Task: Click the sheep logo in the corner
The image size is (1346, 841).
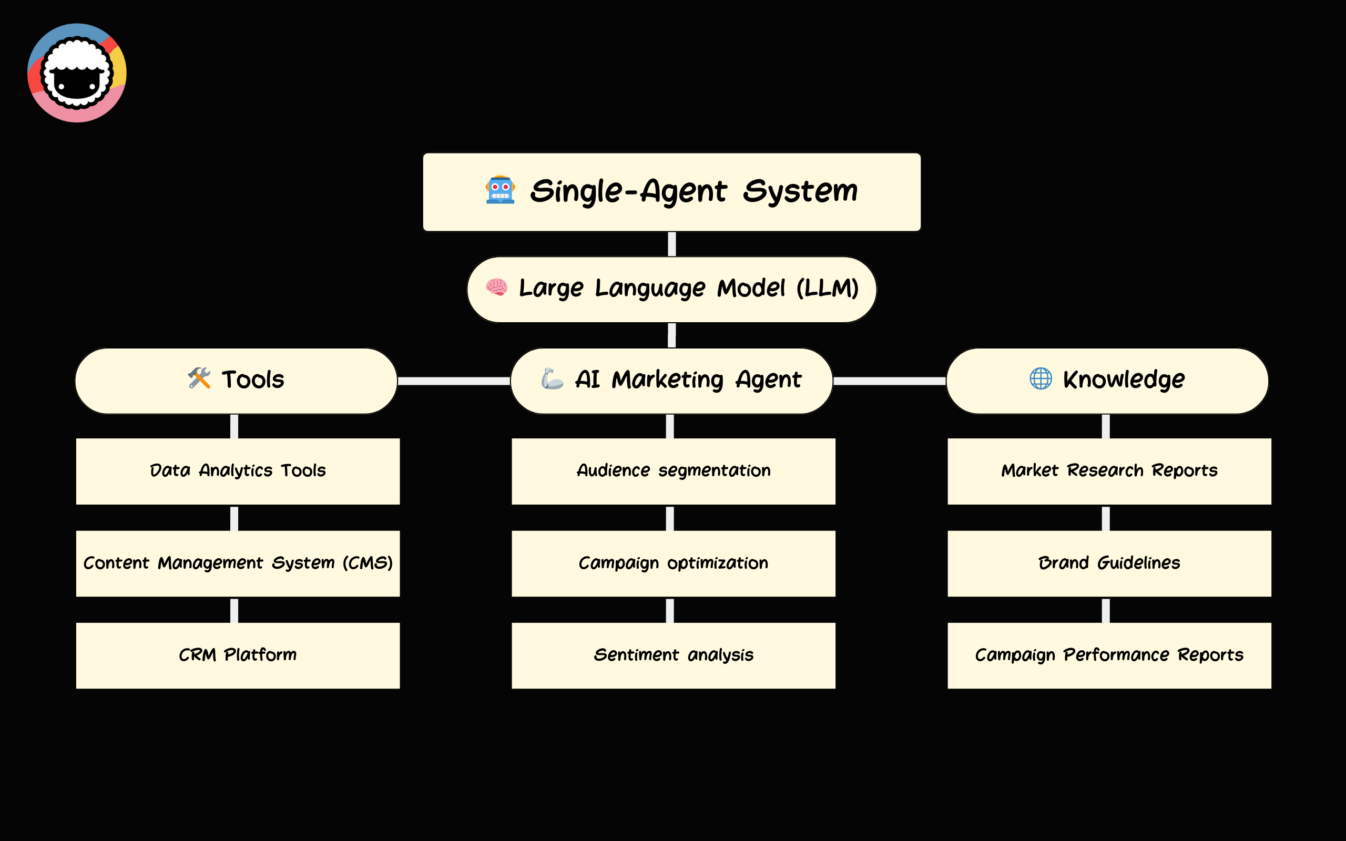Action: pos(77,73)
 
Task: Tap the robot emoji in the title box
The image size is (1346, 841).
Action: pos(500,190)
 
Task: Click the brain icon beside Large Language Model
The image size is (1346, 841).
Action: pos(496,287)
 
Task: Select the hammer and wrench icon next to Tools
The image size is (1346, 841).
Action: pos(199,378)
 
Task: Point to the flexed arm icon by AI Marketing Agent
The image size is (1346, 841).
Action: pos(552,379)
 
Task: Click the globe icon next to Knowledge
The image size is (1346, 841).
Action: pos(1040,378)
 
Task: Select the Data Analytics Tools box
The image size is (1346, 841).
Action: pos(238,471)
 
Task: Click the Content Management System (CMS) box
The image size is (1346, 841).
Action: pos(238,563)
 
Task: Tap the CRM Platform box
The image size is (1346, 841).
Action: pos(238,655)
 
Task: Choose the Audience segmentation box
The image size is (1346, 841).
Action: pos(673,471)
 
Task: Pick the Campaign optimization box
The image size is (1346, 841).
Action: pos(673,563)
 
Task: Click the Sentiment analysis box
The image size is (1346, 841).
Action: pos(673,655)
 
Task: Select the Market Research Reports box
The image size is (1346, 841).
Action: pos(1109,471)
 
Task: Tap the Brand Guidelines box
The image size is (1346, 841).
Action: pos(1109,563)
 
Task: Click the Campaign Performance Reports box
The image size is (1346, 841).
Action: pos(1109,655)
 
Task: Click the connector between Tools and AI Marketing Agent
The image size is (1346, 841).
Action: pos(454,381)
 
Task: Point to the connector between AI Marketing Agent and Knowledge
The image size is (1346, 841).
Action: pos(890,381)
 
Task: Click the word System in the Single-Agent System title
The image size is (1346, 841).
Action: pos(800,191)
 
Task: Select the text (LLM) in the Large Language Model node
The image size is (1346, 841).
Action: pos(827,288)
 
